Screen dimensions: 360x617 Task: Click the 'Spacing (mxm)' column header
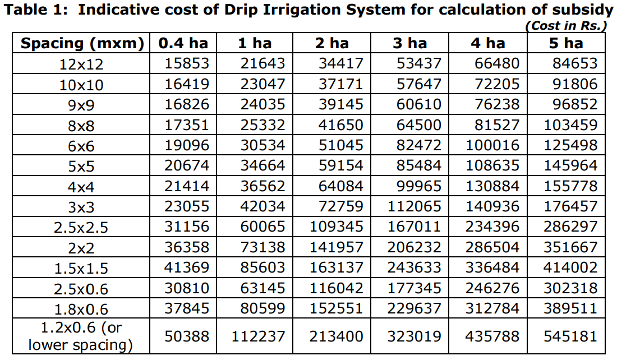tap(82, 43)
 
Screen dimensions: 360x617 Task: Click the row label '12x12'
tap(81, 64)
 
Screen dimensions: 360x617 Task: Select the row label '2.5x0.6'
tap(81, 289)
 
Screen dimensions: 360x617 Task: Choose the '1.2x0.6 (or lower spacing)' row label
tap(81, 336)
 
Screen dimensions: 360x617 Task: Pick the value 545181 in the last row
tap(570, 336)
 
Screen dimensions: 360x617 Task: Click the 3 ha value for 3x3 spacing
tap(415, 207)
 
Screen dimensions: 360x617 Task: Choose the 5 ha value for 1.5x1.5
tap(570, 268)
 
